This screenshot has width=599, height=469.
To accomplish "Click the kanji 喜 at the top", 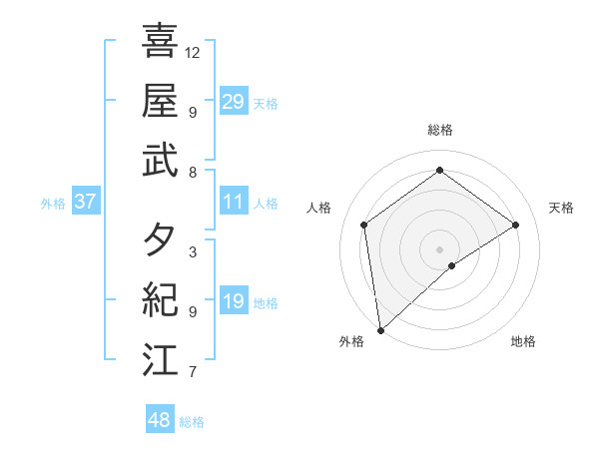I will [x=161, y=41].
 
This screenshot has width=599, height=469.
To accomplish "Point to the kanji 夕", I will [x=161, y=240].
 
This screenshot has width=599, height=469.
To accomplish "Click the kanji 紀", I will [x=161, y=300].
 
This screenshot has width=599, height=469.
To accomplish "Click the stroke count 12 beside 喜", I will [x=193, y=51].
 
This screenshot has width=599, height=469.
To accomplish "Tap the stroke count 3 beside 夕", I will [x=192, y=252].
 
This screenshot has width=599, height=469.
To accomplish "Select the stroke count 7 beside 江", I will [x=192, y=372].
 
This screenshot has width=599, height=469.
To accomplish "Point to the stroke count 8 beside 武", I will [x=192, y=172].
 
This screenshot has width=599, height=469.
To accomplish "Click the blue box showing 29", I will [x=234, y=101].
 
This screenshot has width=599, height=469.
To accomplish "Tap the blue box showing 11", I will [x=234, y=202].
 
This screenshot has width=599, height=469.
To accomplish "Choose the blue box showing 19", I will [x=234, y=301].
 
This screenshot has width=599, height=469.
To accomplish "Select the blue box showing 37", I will [x=85, y=202].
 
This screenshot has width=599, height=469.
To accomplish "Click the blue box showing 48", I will [x=160, y=420].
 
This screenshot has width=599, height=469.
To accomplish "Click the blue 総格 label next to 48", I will [x=192, y=422].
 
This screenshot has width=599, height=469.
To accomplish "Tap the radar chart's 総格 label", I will [x=440, y=130].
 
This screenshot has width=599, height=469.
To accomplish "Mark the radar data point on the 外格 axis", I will [x=380, y=329].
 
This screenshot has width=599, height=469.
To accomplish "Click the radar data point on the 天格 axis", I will [x=516, y=225].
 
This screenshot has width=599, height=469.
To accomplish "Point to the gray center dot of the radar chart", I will [x=440, y=248].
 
